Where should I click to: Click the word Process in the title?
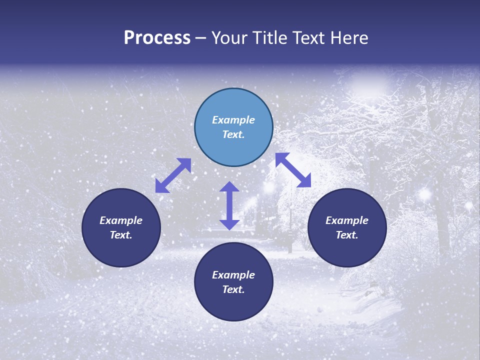[157, 38]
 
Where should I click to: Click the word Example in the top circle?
[233, 120]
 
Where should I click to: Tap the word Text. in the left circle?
[121, 235]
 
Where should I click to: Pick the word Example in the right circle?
[347, 220]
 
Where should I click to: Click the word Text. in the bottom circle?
[233, 289]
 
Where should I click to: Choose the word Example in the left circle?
[121, 220]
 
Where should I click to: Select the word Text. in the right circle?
[347, 235]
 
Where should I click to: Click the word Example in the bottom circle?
[233, 275]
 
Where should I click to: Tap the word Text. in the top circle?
[233, 134]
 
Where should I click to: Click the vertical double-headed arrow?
[229, 205]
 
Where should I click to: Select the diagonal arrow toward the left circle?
[173, 175]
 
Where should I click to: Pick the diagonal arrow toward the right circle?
[293, 170]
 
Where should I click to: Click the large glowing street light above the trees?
[369, 81]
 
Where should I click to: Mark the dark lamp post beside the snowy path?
[289, 220]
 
